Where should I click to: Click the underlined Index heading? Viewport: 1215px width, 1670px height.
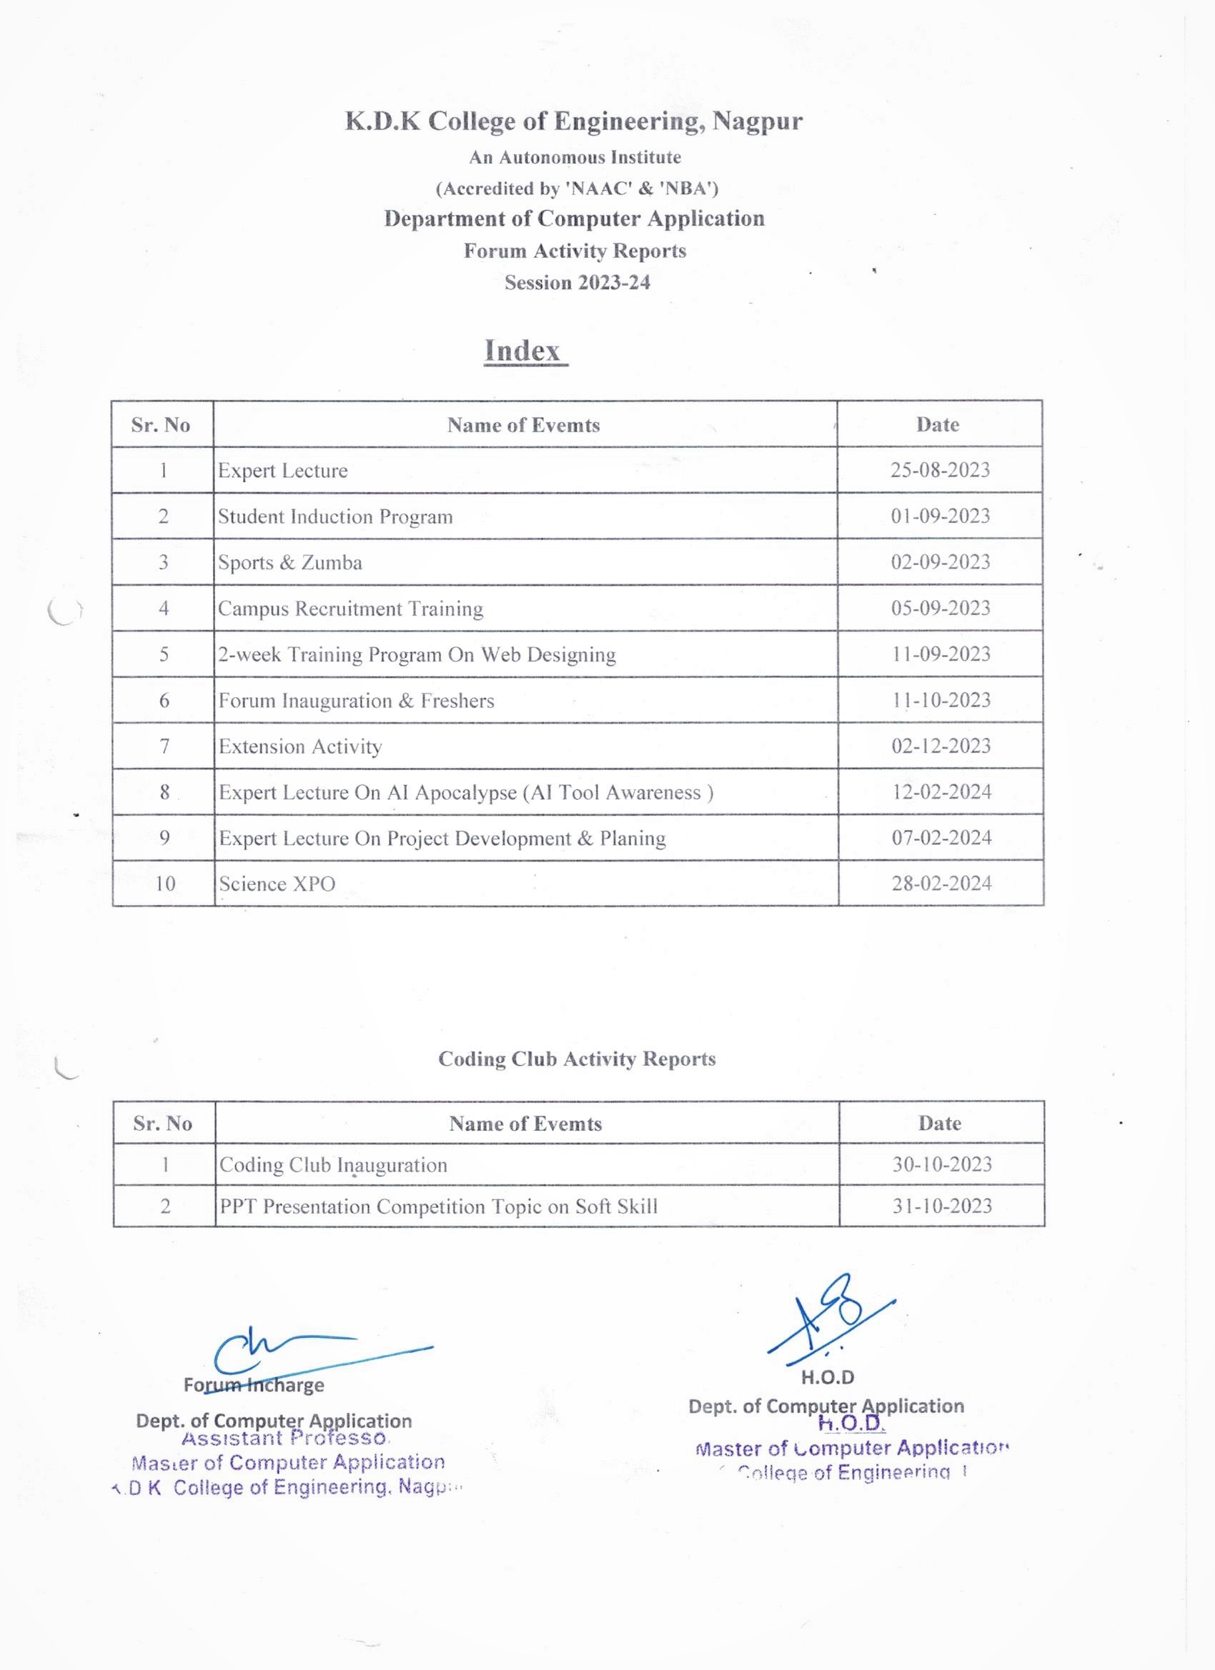[x=525, y=351]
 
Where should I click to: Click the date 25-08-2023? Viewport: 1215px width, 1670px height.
[x=939, y=470]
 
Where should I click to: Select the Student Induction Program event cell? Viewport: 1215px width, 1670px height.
[x=335, y=516]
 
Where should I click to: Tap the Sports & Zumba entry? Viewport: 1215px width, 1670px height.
[x=289, y=563]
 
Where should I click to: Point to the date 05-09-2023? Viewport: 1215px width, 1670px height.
[x=940, y=608]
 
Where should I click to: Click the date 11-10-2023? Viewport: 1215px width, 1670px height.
[x=941, y=699]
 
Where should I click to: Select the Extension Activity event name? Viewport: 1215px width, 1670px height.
[x=300, y=746]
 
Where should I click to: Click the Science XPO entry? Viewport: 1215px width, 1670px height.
[x=277, y=884]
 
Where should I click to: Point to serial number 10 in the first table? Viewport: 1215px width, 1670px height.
[x=164, y=884]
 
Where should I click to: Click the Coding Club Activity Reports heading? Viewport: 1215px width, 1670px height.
[x=577, y=1059]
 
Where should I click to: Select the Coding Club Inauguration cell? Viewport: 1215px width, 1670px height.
[x=333, y=1165]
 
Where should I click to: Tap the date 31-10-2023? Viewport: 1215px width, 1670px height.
[x=943, y=1206]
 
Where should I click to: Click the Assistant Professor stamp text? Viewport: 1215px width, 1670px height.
[x=284, y=1438]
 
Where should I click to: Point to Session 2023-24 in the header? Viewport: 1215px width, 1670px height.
[x=577, y=283]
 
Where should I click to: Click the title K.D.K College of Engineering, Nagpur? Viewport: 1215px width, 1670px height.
[x=574, y=121]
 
